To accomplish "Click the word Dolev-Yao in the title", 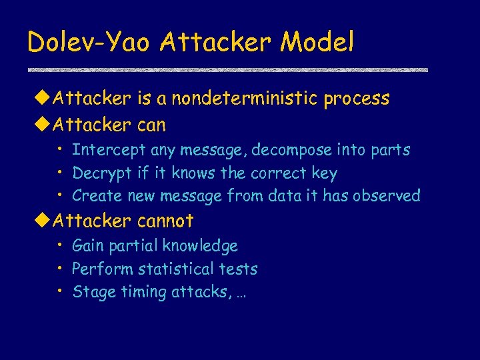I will tap(89, 43).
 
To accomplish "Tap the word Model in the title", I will tap(317, 43).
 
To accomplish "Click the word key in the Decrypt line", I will tap(325, 173).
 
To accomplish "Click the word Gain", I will tap(88, 246).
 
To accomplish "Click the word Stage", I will tap(93, 292).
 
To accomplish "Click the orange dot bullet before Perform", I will tap(59, 268).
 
